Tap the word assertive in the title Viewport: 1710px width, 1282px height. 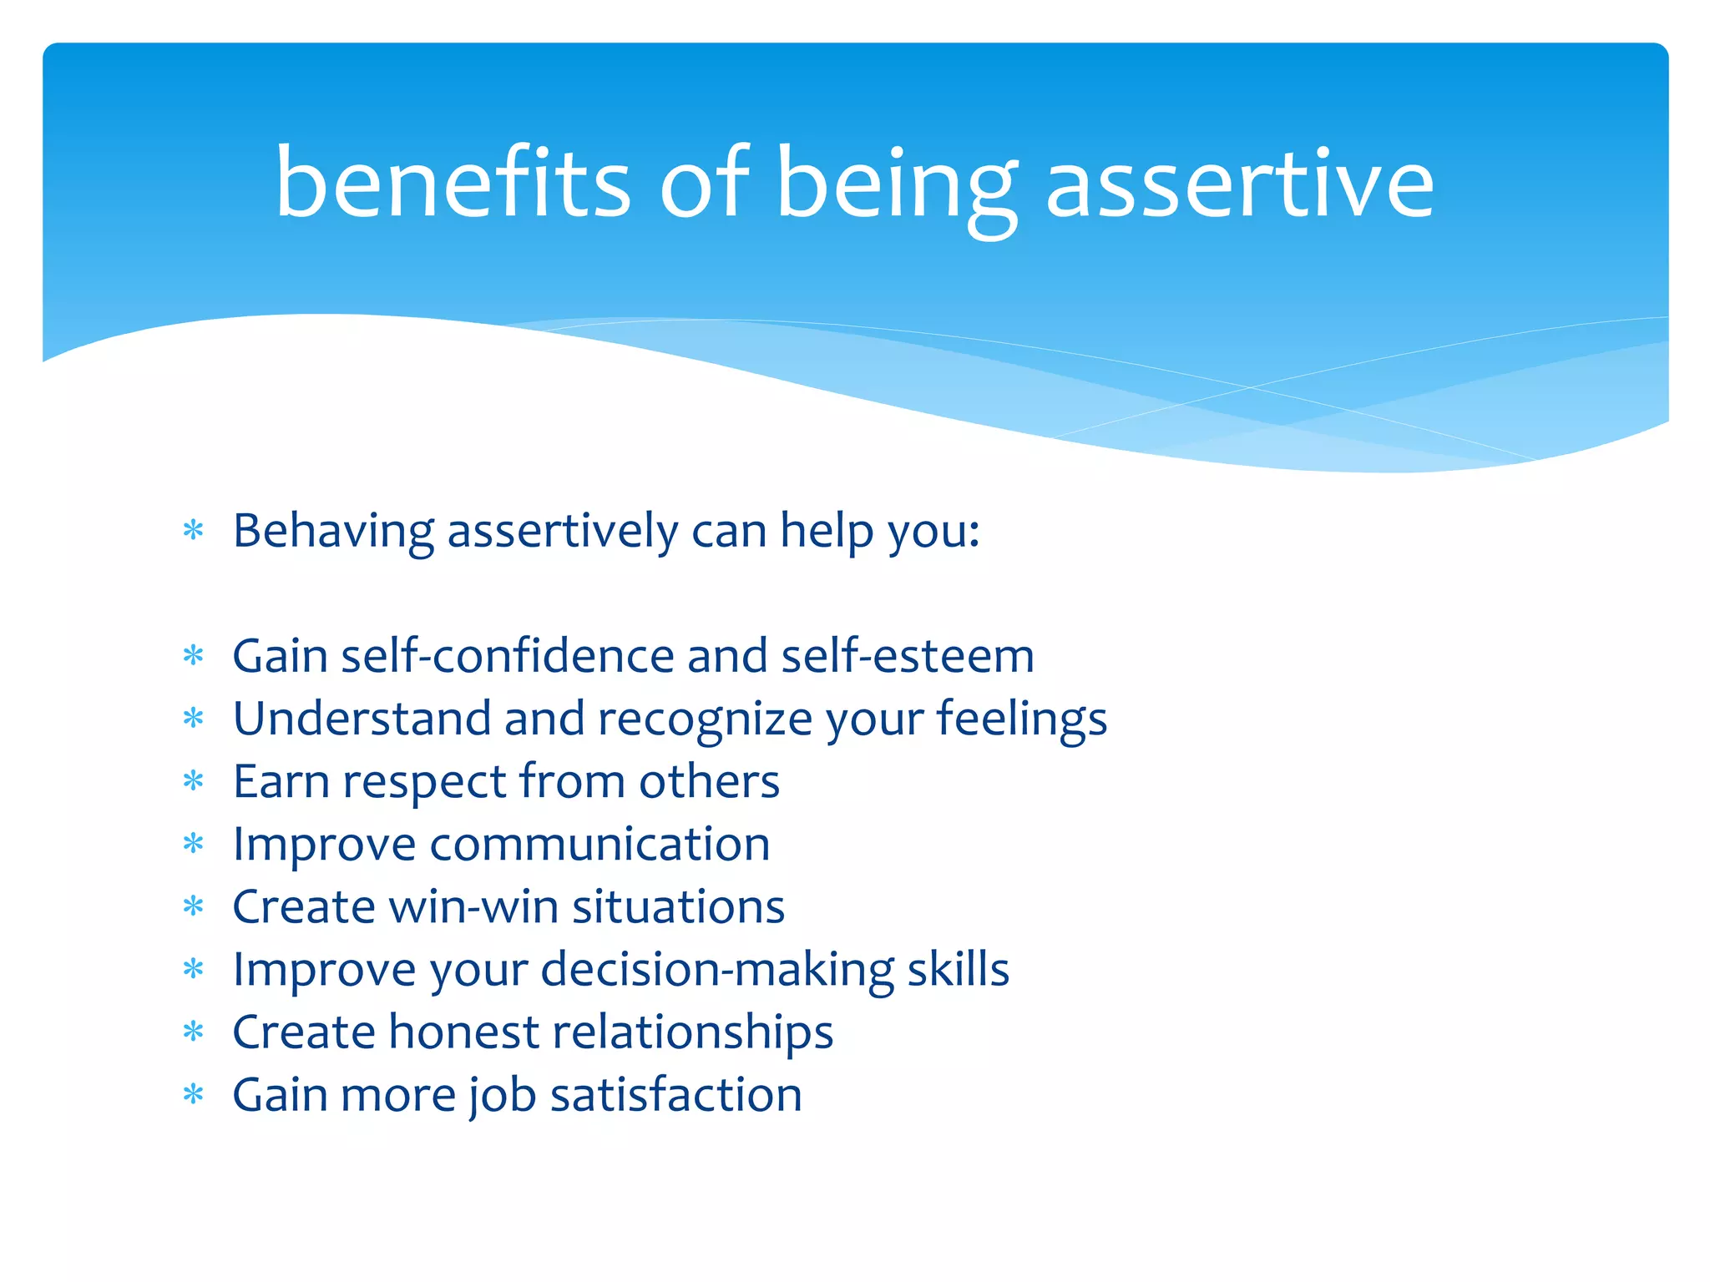tap(1239, 184)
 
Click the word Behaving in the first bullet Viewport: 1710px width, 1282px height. tap(333, 531)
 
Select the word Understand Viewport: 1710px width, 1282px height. tap(362, 719)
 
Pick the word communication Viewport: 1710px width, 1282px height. tap(600, 844)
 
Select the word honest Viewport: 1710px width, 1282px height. tap(463, 1032)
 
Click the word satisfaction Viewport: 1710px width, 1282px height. tap(675, 1095)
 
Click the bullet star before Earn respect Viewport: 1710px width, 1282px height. tap(194, 781)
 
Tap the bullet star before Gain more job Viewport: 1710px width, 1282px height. tap(194, 1094)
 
